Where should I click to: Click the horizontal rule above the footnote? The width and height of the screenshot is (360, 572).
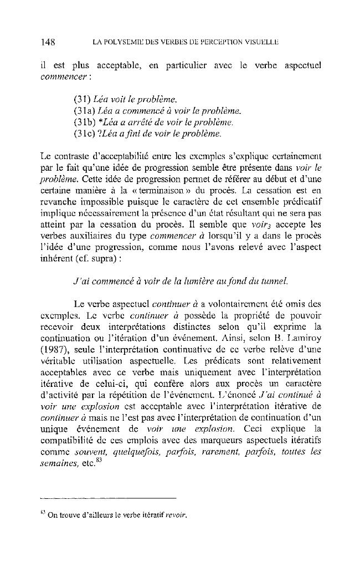coord(108,497)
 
